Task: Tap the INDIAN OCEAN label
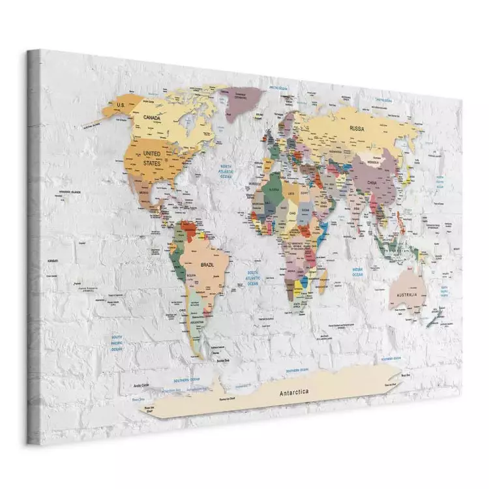[357, 272]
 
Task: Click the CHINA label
[372, 183]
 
